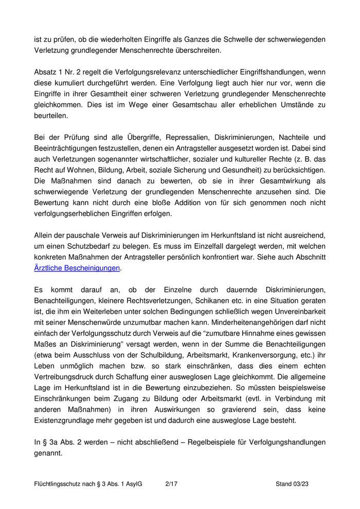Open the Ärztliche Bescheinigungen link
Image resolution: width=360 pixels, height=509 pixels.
(77, 268)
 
